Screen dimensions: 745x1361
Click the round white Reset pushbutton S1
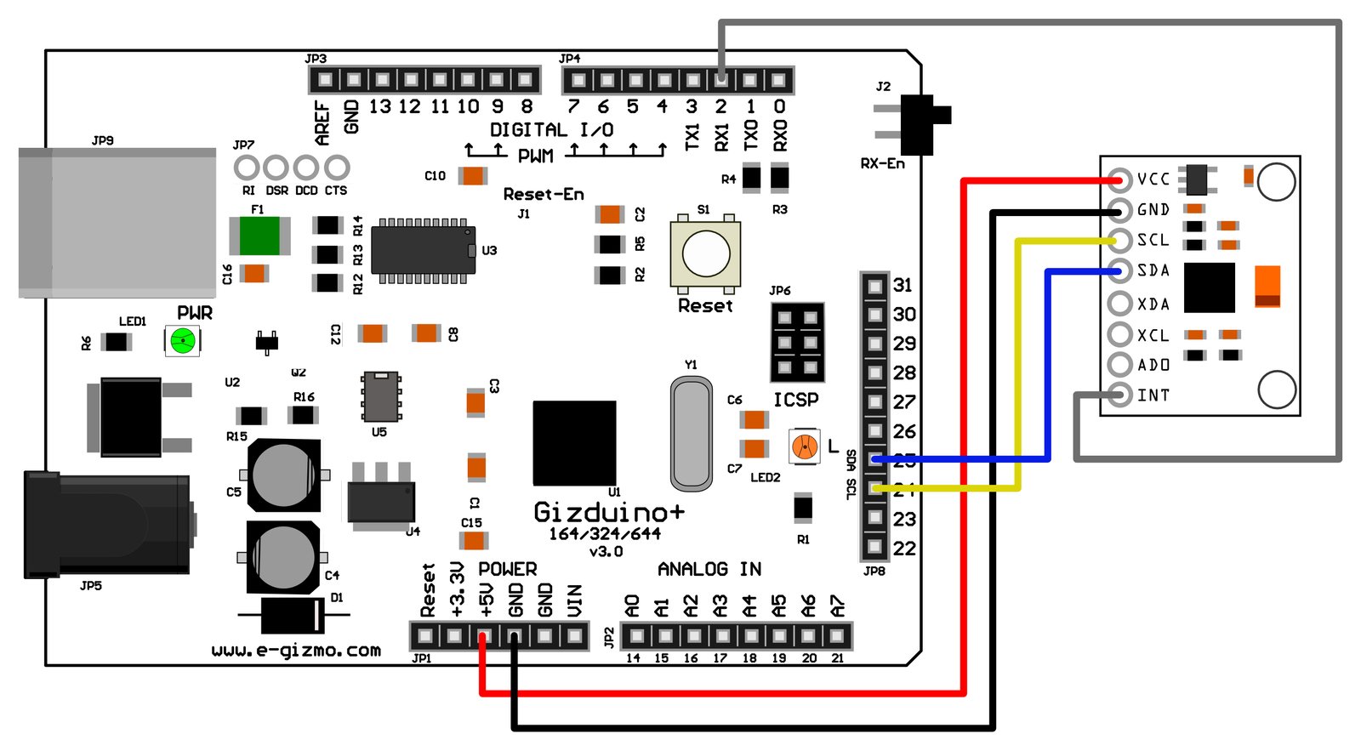pos(706,253)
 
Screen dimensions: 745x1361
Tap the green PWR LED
pos(182,341)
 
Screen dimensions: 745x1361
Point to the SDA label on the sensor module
pos(1153,270)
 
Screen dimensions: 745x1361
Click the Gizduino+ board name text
pos(608,512)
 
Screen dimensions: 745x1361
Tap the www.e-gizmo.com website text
pos(296,651)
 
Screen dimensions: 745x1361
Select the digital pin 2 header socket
pos(721,81)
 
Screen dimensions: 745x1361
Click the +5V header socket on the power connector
pos(485,636)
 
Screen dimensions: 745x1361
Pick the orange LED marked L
pos(804,446)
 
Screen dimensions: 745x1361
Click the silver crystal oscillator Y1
pos(691,435)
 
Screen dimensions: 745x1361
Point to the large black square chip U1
pos(574,443)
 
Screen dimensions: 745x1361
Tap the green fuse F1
pos(259,236)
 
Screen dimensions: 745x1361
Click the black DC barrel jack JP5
pos(106,526)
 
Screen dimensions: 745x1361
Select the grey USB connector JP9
pos(117,223)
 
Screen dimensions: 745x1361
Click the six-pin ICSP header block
pos(797,342)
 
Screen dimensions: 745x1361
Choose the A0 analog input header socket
pos(635,636)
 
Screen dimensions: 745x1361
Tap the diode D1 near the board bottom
pos(293,615)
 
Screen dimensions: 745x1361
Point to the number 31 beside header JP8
pos(903,286)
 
